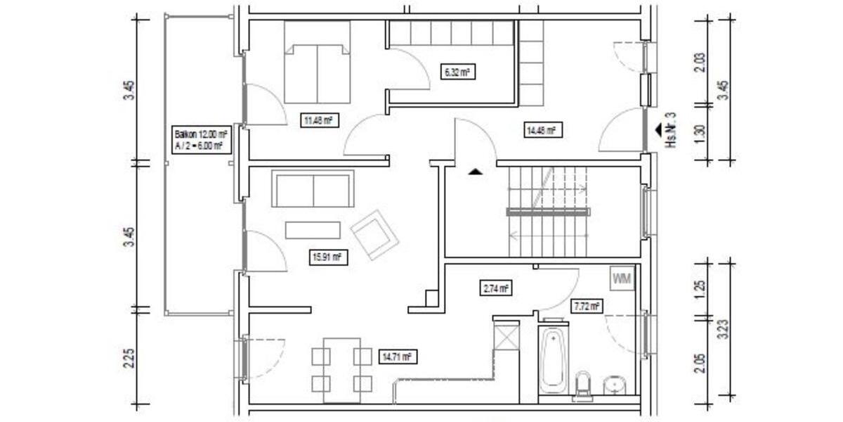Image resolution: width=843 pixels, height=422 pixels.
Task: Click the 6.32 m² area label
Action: [457, 72]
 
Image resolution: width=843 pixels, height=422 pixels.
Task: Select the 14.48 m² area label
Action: [541, 129]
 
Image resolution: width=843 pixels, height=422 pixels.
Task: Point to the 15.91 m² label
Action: [328, 257]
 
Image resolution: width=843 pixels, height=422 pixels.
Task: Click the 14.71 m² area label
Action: [397, 357]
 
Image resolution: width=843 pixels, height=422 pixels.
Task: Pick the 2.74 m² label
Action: [496, 288]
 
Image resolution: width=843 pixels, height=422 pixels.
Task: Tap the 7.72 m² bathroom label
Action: [586, 306]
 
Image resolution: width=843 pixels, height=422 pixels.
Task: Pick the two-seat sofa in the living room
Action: [313, 190]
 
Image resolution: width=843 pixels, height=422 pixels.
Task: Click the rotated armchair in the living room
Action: [374, 234]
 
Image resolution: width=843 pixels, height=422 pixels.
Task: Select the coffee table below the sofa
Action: [313, 230]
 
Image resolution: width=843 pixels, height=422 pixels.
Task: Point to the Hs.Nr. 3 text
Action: [670, 130]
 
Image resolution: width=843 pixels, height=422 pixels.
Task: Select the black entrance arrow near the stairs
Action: [476, 171]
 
